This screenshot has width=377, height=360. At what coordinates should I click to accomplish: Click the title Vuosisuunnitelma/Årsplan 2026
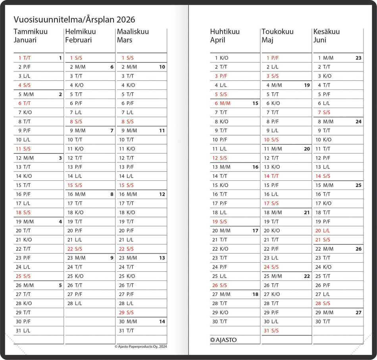tap(74, 19)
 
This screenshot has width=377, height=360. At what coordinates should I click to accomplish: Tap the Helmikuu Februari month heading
tap(79, 36)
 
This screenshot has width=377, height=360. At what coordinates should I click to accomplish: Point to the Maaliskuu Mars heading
tap(133, 36)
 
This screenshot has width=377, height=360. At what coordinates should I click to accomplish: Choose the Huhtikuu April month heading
tap(225, 36)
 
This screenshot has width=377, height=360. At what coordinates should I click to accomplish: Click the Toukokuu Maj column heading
tap(277, 36)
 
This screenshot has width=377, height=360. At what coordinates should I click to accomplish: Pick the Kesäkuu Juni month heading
tap(326, 36)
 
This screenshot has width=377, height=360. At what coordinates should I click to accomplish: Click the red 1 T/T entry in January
tap(24, 58)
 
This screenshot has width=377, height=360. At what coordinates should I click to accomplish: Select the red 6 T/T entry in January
tap(24, 103)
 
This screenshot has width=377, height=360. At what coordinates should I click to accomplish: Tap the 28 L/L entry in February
tap(76, 304)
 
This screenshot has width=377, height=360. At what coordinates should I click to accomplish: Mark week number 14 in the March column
tap(162, 322)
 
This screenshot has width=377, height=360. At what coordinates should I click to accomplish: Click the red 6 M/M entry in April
tap(222, 103)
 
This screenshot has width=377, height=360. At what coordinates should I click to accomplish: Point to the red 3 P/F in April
tap(221, 76)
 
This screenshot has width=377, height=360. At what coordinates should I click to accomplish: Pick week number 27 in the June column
tap(358, 313)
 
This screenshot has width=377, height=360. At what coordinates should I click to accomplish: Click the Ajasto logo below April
tap(223, 340)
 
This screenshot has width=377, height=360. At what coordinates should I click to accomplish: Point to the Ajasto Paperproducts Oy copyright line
tap(140, 346)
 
